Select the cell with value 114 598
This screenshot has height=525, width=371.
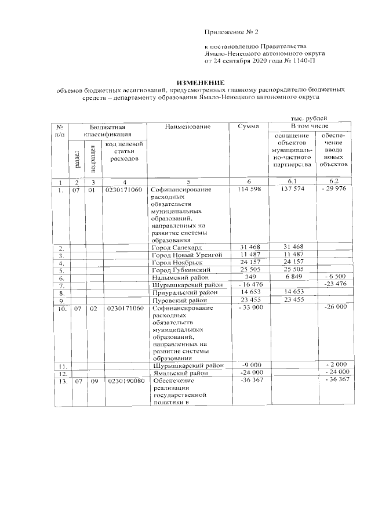tap(250, 190)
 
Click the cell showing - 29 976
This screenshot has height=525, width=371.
tap(336, 190)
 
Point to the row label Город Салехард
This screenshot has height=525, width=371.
tap(176, 248)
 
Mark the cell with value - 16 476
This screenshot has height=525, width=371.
tap(250, 285)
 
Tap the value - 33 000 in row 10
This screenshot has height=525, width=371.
tap(250, 308)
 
